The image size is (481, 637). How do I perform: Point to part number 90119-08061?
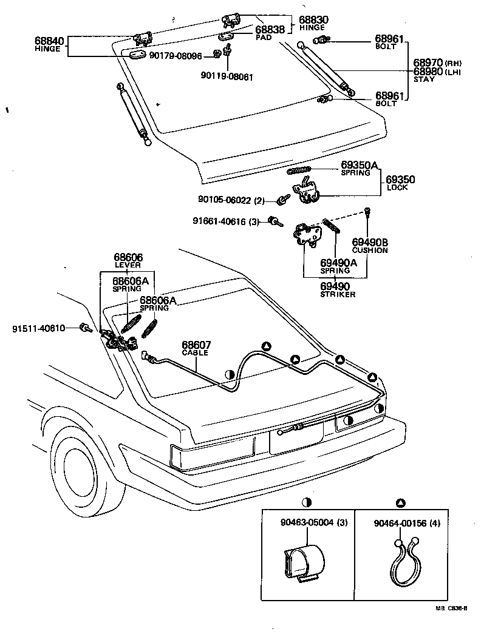click(227, 77)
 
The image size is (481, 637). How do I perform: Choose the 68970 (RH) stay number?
click(428, 62)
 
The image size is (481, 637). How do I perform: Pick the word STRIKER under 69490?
click(338, 294)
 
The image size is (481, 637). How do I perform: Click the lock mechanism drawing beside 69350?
click(307, 189)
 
